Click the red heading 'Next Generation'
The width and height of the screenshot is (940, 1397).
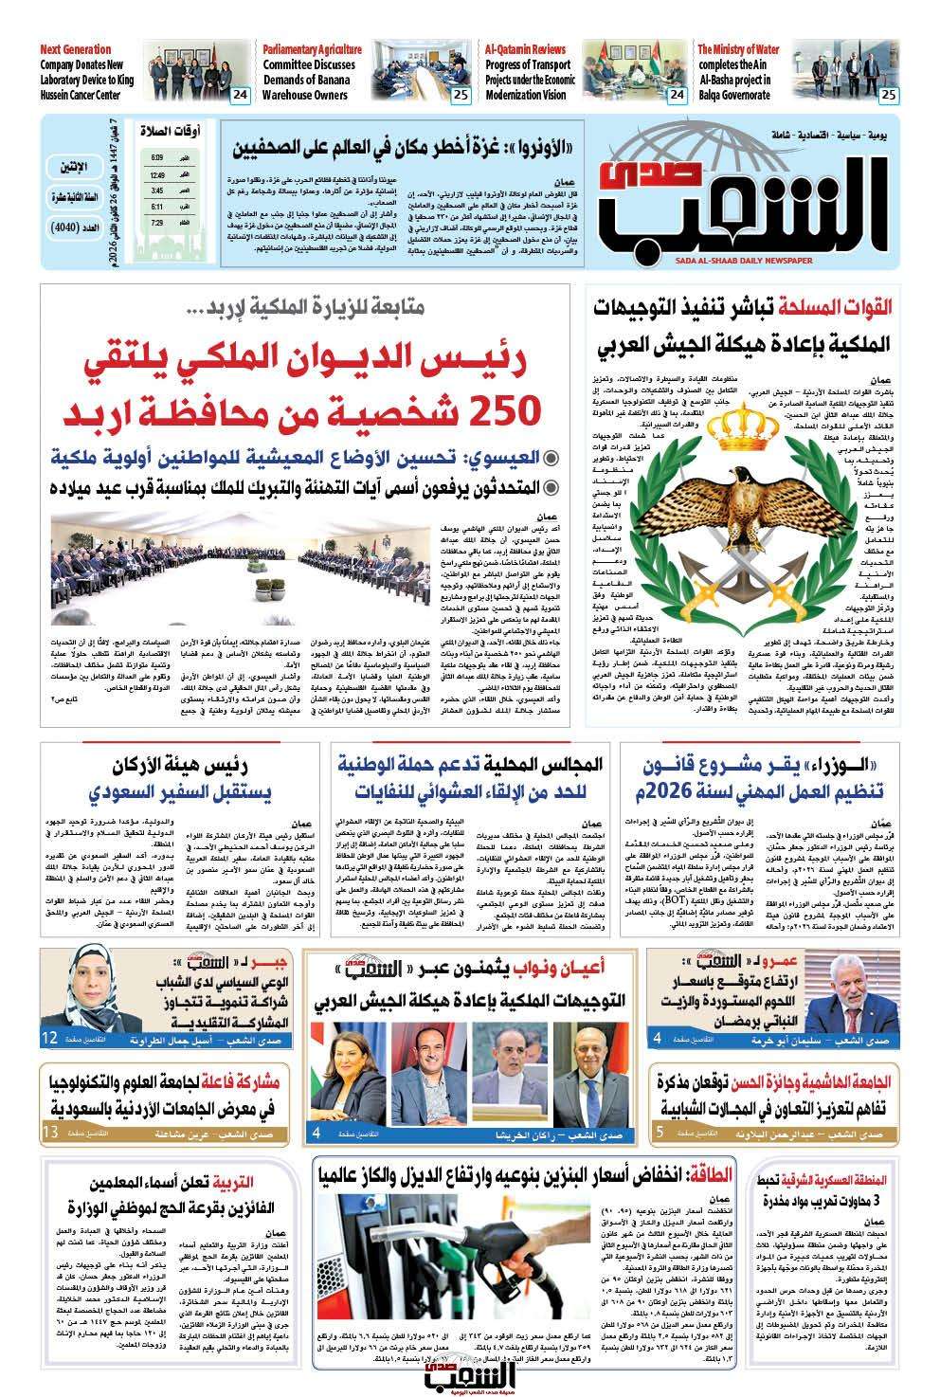(76, 49)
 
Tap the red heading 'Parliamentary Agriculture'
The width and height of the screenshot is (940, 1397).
(313, 49)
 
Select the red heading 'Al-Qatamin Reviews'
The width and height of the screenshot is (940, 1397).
(525, 49)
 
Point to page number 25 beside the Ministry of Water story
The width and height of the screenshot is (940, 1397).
(887, 95)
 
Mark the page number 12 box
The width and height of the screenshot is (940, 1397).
(50, 1040)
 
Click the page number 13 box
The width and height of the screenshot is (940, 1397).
(50, 1133)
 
